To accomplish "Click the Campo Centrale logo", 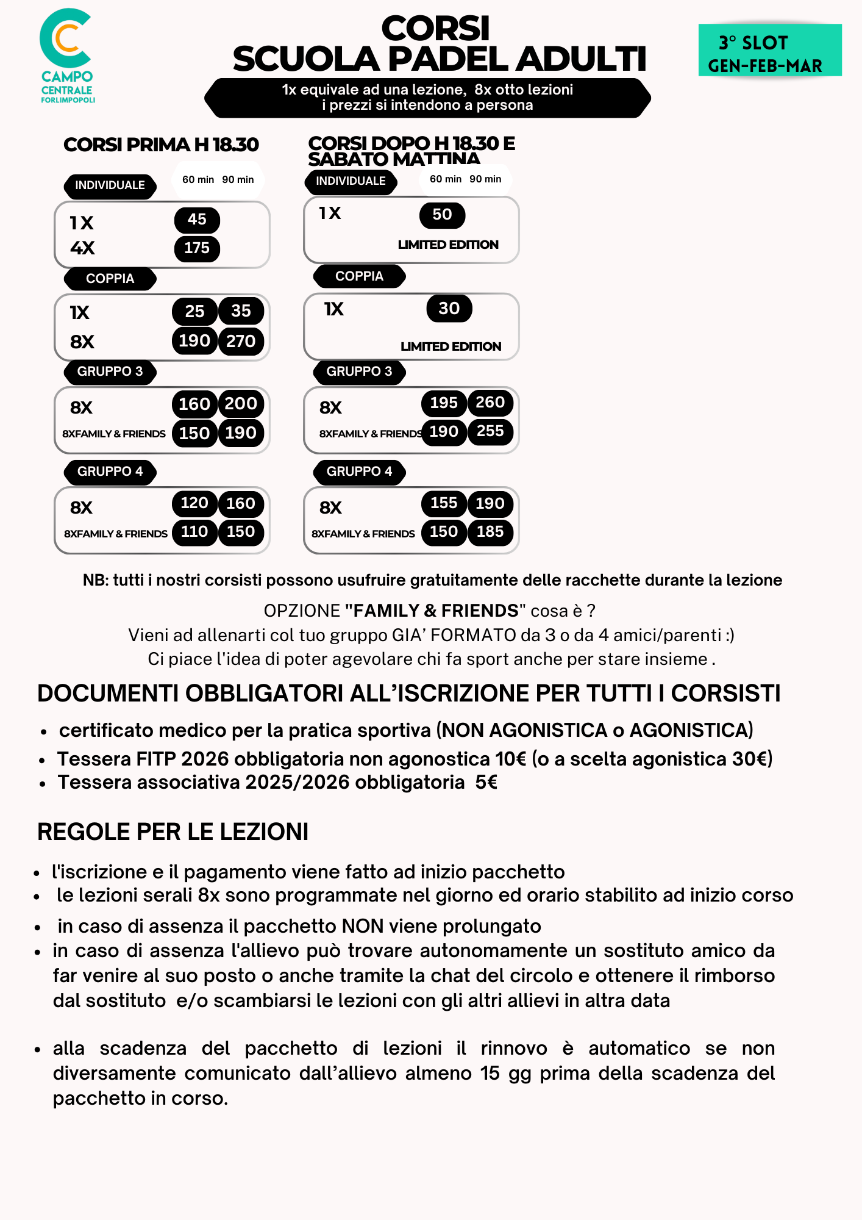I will [x=67, y=55].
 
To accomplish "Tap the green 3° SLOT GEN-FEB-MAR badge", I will [x=769, y=51].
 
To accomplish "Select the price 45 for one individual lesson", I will [x=197, y=220].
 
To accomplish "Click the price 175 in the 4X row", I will [x=197, y=248].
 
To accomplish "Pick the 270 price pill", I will [x=241, y=341].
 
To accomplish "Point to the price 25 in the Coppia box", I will [x=194, y=311].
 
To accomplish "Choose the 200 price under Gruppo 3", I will [x=241, y=404].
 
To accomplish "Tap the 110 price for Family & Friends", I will [x=194, y=532].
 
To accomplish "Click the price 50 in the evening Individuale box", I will [x=442, y=215].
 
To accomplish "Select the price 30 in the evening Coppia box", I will [x=449, y=309].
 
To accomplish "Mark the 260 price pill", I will [x=490, y=403].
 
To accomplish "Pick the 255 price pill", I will [x=490, y=432].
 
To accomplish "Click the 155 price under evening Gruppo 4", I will [x=444, y=503].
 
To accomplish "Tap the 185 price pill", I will [x=490, y=532].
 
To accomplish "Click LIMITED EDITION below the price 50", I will [x=448, y=245].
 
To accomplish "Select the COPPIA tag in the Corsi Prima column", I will [x=110, y=279].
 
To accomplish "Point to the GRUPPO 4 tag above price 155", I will [x=359, y=472].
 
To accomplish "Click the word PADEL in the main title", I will [x=450, y=59].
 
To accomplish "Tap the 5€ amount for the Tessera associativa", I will [x=486, y=783].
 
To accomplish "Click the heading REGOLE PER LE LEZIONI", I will [x=173, y=832].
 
